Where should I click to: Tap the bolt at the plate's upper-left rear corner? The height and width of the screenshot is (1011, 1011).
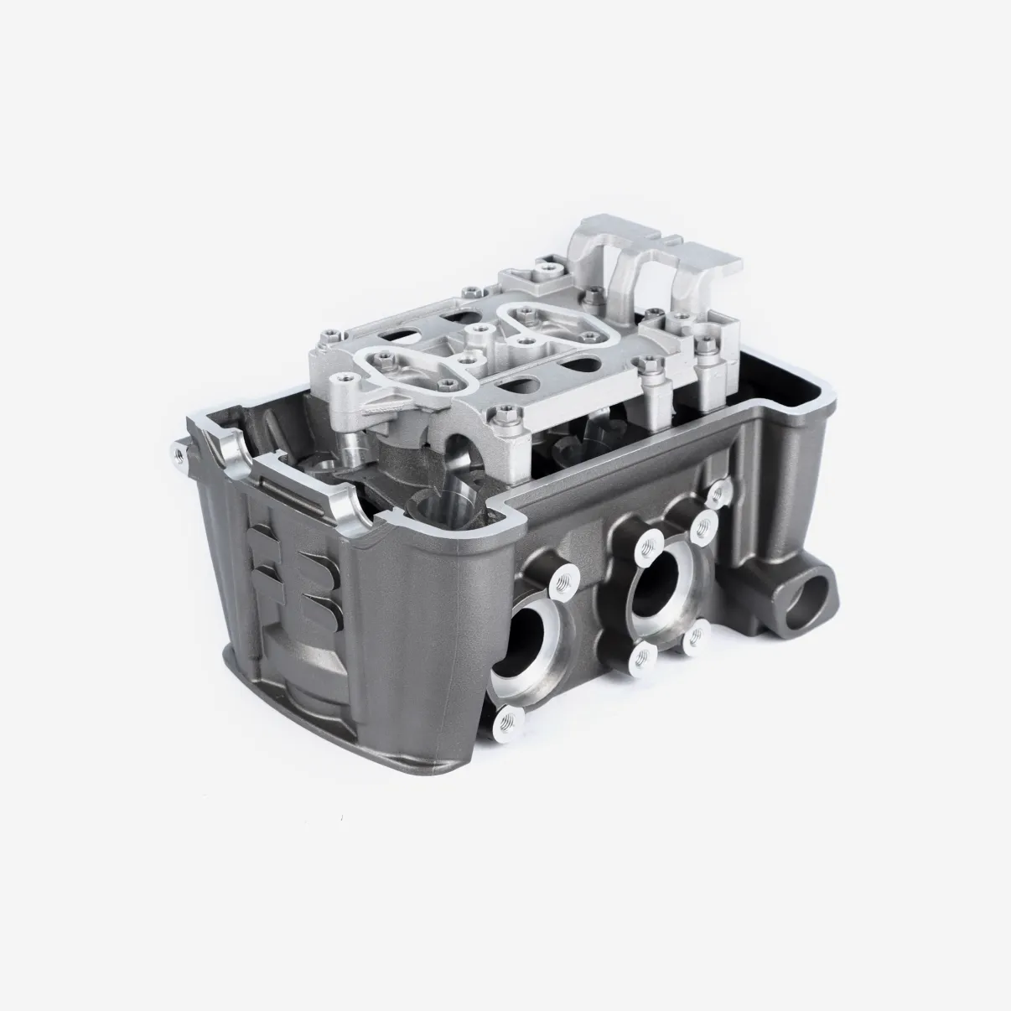point(473,291)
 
